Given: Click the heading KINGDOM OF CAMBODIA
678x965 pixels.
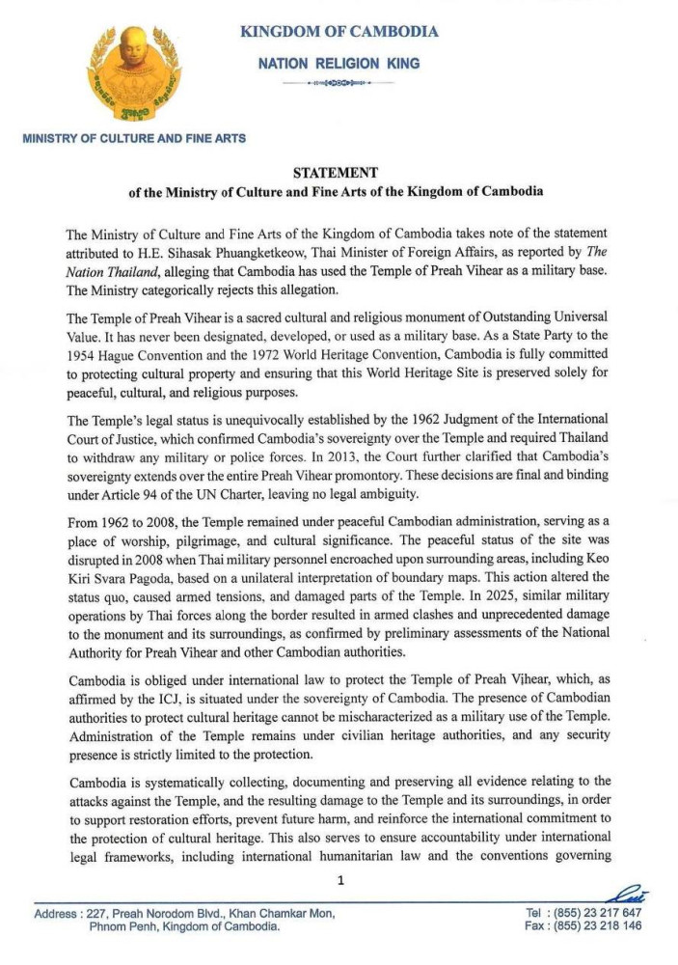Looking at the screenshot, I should click(339, 32).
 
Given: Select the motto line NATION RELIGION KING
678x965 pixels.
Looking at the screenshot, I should click(339, 64).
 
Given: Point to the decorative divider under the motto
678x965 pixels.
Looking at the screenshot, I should click(339, 85).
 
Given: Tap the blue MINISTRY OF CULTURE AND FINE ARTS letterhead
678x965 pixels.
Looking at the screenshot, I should click(133, 138).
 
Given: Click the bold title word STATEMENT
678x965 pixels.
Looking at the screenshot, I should click(336, 173).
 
